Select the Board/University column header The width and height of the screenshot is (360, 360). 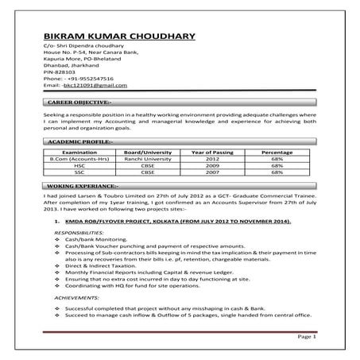(148, 152)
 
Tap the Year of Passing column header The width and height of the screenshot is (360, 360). (211, 152)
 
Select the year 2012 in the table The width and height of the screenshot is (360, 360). (211, 158)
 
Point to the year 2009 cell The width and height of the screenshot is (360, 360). (211, 165)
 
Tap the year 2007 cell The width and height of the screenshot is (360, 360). (211, 171)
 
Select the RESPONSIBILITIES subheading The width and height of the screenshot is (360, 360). (79, 232)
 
